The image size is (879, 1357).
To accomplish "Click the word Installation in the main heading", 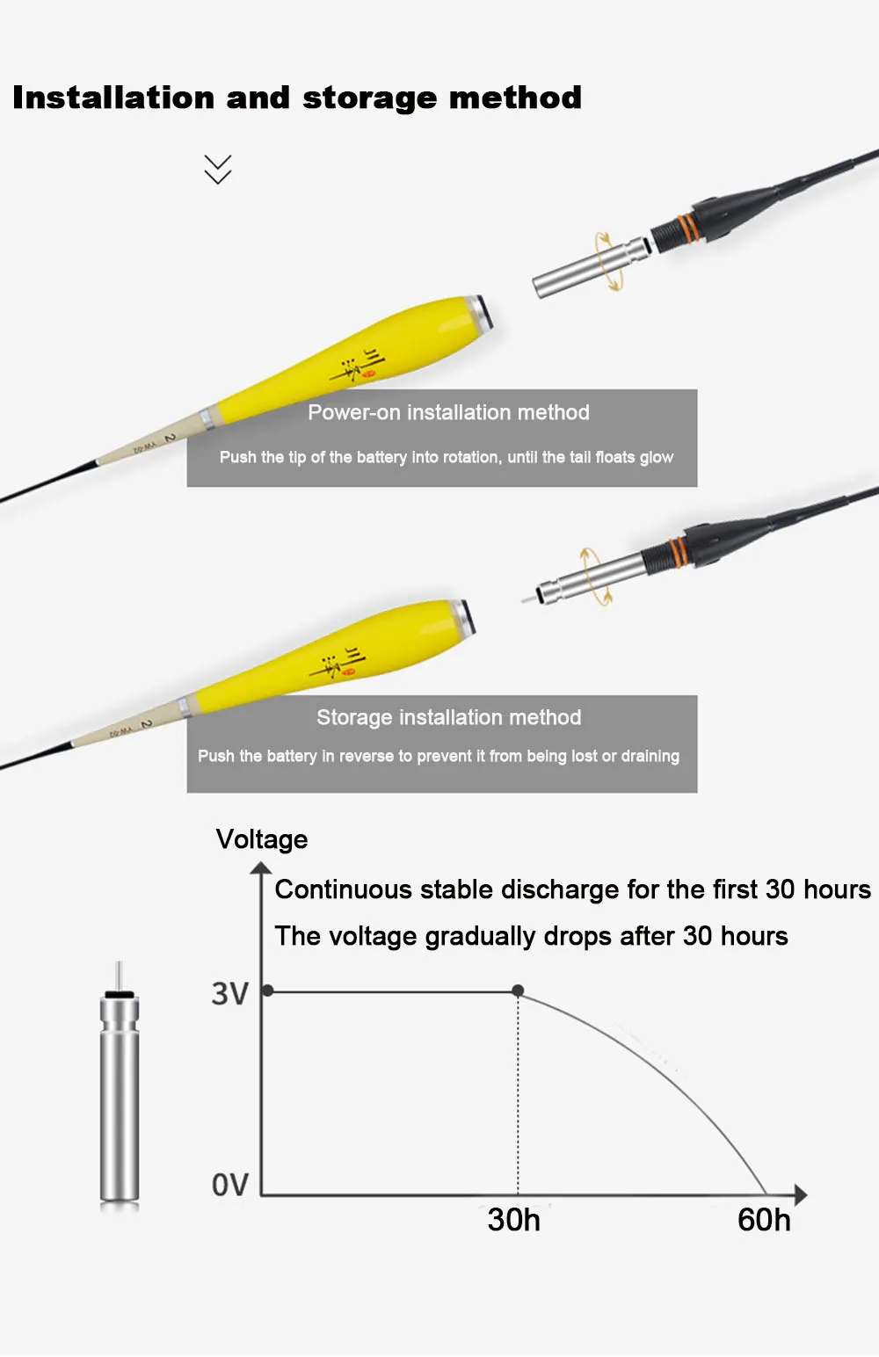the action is tap(113, 98).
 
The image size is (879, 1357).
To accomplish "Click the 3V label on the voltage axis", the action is tap(230, 994).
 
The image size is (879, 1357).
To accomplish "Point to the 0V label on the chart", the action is tap(230, 1185).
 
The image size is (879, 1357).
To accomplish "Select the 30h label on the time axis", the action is tap(513, 1220).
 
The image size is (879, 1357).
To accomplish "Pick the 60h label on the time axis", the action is tap(764, 1220).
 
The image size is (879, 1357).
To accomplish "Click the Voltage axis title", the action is tap(262, 839).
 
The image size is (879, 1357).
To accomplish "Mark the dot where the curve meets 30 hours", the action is tap(518, 991).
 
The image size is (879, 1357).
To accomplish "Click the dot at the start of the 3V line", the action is tap(268, 991).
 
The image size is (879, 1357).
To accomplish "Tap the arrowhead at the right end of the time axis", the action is tap(800, 1194).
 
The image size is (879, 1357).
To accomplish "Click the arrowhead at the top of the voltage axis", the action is tap(261, 868).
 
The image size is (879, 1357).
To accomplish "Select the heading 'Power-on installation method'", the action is tap(448, 412).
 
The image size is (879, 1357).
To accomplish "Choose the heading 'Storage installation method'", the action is tap(449, 718).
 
